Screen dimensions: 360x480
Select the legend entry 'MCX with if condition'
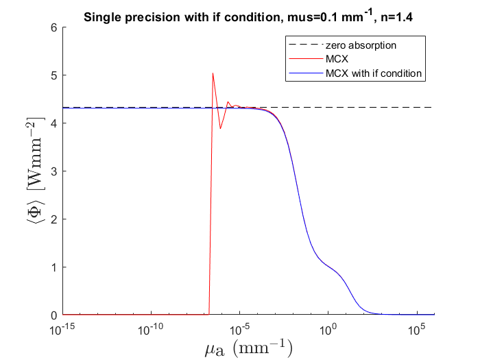pos(374,73)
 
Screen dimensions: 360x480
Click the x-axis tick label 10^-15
pos(64,329)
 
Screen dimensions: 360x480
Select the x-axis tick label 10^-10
pos(152,329)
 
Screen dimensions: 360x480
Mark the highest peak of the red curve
pos(213,73)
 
